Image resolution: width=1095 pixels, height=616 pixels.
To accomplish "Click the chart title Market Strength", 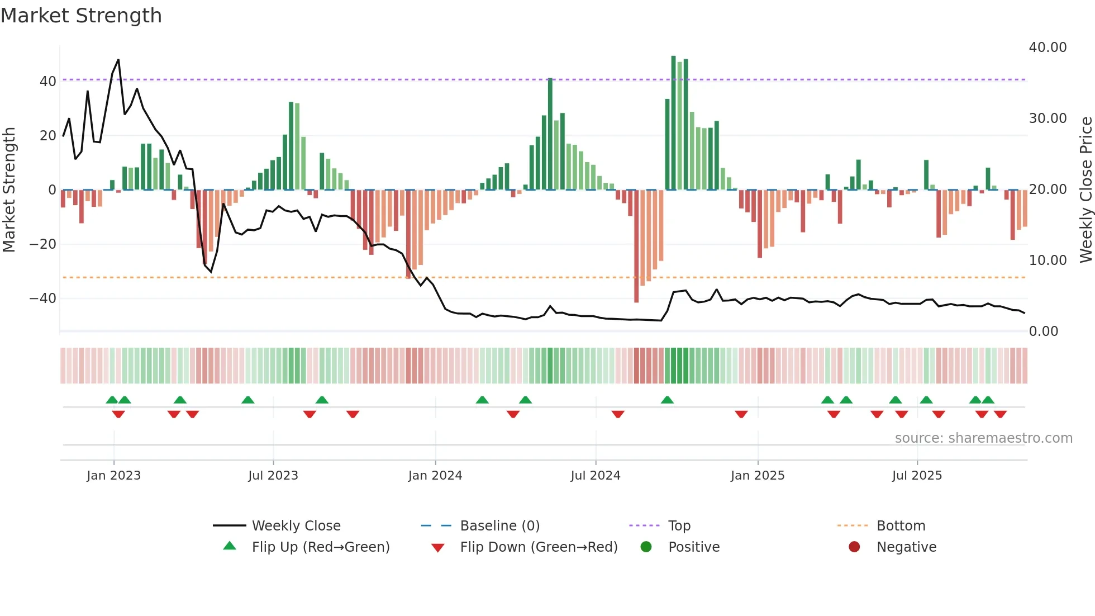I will pos(81,16).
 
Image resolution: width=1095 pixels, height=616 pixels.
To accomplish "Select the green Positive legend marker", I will pos(646,547).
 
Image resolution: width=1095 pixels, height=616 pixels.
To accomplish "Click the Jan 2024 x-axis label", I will pos(435,476).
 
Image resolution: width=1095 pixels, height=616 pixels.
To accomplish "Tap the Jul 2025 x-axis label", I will pos(917,476).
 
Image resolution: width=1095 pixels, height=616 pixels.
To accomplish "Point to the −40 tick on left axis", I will pos(43,298).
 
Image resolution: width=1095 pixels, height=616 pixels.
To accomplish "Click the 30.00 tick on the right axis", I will pos(1048,119).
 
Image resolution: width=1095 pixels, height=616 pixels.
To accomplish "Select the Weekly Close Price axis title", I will pos(1086,190).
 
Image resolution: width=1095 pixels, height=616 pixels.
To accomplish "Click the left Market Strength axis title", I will pos(9,190).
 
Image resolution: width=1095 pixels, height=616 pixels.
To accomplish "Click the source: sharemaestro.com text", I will pos(983,438).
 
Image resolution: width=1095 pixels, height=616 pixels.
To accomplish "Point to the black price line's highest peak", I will pos(118,60).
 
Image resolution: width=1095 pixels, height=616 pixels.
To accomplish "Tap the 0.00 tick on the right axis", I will pos(1043,331).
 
